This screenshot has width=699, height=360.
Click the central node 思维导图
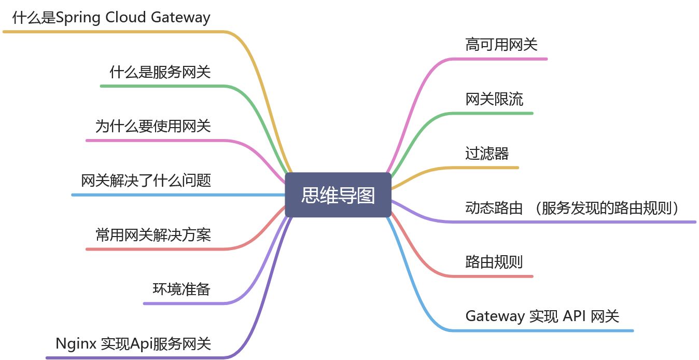(338, 195)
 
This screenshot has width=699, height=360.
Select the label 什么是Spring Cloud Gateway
(111, 18)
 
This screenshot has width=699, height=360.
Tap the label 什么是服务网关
(160, 72)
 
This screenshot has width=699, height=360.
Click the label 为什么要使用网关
(153, 126)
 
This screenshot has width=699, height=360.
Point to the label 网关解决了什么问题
(146, 181)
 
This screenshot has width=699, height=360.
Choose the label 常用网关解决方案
(153, 235)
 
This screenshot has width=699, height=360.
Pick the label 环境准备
(181, 289)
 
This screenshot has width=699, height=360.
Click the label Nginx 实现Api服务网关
(133, 343)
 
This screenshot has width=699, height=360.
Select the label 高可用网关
(501, 45)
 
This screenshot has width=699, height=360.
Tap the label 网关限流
(494, 99)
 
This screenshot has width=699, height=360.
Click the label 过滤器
(487, 154)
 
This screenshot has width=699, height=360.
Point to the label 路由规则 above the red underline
(494, 262)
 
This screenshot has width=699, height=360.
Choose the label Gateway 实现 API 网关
(542, 316)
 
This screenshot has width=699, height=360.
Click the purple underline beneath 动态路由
(570, 222)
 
